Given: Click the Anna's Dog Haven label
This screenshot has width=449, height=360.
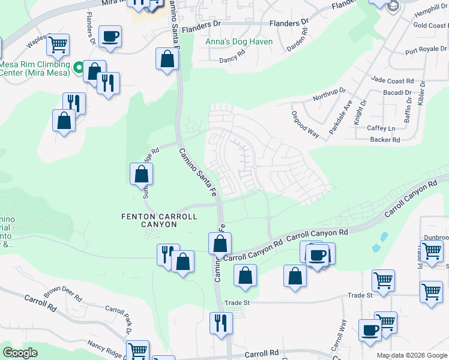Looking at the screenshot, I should click(239, 42).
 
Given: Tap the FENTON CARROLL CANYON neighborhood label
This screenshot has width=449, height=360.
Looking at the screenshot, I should click(149, 220).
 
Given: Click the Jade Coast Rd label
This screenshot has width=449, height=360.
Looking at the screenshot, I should click(393, 80).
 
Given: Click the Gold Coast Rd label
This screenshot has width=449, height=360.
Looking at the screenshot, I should click(430, 25).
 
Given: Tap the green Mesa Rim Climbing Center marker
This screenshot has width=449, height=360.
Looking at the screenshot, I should click(77, 68).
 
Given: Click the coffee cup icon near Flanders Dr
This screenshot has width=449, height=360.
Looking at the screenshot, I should click(110, 36).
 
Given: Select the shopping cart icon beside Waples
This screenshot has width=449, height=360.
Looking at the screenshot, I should click(58, 44).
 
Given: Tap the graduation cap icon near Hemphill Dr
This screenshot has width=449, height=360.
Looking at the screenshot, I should click(393, 6).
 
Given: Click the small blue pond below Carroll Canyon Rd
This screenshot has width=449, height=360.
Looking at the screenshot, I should click(376, 247).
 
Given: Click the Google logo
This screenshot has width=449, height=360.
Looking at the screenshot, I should click(20, 353).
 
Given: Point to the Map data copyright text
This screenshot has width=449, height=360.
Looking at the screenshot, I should click(412, 355).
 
